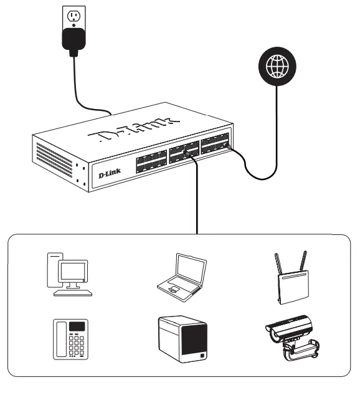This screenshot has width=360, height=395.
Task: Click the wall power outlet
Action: coord(72,16)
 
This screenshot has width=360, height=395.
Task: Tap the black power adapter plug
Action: coord(72,39)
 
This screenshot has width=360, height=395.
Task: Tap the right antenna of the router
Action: coord(305,262)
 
